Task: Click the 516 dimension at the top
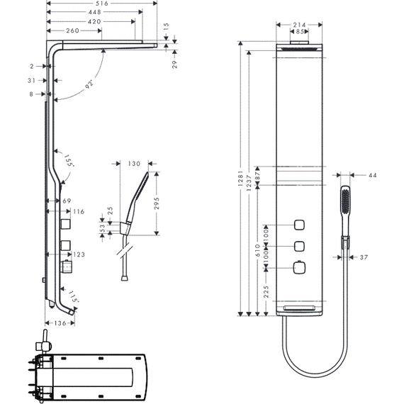point(103,4)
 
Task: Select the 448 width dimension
point(94,12)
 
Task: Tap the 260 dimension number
point(72,30)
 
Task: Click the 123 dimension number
point(79,254)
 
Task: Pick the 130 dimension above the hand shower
point(135,164)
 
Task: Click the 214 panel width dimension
point(299,24)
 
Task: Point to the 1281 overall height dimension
point(241,176)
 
